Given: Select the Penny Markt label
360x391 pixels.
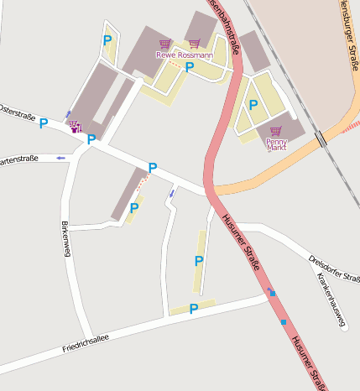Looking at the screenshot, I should point(276,144).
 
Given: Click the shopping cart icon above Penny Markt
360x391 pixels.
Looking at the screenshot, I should point(276,132).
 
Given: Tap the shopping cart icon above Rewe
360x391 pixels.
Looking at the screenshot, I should point(164,44).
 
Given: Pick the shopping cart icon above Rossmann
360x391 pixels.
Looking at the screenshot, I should point(194,44).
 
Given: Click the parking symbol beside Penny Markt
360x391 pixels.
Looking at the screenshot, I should point(253,105).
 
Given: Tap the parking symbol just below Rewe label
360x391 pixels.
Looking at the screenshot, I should point(190,67).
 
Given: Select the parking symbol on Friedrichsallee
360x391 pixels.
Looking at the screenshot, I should point(193,309).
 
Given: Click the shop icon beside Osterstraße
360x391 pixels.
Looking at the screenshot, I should point(75,127).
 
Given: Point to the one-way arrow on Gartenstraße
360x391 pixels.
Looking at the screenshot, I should point(60,157).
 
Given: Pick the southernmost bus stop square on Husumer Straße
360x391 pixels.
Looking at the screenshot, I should point(284,322).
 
